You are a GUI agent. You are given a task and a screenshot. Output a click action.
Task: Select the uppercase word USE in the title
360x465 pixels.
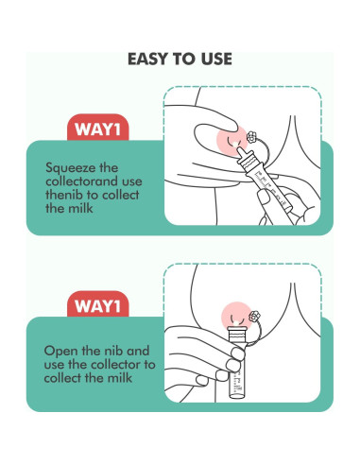coord(216,59)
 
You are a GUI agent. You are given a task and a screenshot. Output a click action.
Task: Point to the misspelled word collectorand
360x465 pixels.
coord(94,181)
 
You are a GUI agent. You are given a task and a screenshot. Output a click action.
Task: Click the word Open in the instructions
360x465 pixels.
coord(60,352)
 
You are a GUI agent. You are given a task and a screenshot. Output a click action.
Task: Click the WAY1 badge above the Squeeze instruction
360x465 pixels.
coord(98,129)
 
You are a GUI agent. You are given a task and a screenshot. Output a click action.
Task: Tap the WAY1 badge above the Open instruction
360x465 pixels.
coord(98,305)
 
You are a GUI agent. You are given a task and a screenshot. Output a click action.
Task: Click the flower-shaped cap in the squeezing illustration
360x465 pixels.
coord(251,137)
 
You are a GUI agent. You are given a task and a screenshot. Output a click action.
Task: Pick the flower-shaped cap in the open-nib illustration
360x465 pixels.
coord(254,316)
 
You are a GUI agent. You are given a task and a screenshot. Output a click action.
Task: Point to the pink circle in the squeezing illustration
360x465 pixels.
coord(232,141)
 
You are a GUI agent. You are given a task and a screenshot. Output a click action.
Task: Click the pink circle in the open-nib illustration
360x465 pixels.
coord(237,316)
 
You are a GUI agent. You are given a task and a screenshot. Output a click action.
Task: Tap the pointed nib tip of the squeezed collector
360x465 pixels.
coord(239,148)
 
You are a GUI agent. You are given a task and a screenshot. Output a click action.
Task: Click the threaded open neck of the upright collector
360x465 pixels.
coord(238,332)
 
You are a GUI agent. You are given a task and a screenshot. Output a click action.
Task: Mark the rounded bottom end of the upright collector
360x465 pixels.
coord(237,395)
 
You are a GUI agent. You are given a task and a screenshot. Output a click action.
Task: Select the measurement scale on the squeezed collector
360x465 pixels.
coord(269,186)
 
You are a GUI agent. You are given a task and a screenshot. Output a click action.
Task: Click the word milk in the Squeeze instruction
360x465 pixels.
coord(81,208)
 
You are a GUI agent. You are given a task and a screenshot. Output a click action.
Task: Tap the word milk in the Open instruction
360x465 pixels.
coord(120,378)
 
